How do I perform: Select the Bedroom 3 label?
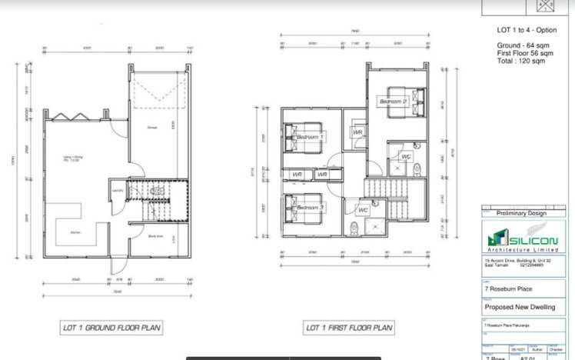coord(309,208)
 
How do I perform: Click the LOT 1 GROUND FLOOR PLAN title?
coord(111,328)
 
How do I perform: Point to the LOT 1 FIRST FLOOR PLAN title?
coord(349,328)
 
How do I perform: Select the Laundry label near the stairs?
coord(118,190)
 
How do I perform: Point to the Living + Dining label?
coord(74,159)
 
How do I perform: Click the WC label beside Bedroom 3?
coord(363,209)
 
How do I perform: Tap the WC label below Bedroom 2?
coord(406,157)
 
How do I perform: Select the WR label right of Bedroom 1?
coord(357,132)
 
